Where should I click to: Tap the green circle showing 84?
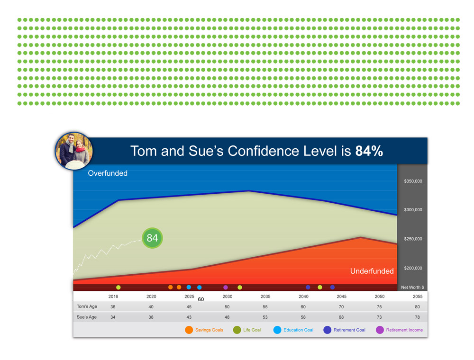[x=152, y=238]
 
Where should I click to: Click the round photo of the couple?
[x=74, y=151]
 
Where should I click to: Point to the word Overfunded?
[x=108, y=173]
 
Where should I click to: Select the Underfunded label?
[x=372, y=271]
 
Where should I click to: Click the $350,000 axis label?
[x=413, y=181]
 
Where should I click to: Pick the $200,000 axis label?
[x=413, y=268]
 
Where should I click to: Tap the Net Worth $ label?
[x=412, y=288]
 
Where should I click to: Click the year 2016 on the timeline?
[x=113, y=297]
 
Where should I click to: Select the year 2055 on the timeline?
[x=418, y=297]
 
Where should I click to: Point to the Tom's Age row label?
[x=87, y=306]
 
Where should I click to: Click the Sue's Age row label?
[x=87, y=317]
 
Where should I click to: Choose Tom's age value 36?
[x=113, y=307]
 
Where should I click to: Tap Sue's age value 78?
[x=417, y=317]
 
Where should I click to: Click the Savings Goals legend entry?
[x=204, y=330]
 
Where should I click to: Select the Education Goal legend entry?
[x=293, y=330]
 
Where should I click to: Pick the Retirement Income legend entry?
[x=399, y=330]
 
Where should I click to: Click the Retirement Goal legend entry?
[x=345, y=330]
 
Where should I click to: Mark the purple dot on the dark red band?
[x=226, y=288]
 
